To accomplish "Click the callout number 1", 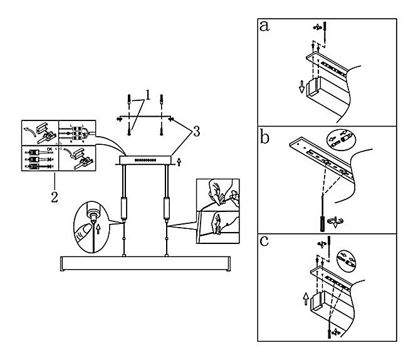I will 149,96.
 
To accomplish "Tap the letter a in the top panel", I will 265,27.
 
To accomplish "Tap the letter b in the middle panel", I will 264,137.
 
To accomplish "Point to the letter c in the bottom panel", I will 264,241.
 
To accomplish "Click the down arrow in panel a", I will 302,87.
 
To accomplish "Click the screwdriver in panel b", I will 321,221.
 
